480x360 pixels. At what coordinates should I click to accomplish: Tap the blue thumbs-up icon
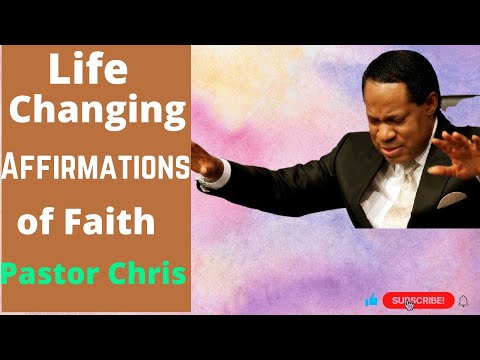(x=371, y=300)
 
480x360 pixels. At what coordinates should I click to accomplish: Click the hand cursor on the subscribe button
(x=412, y=305)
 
